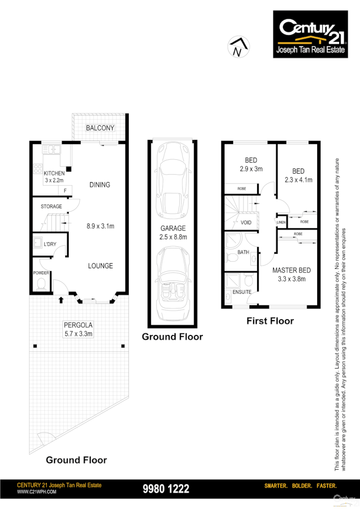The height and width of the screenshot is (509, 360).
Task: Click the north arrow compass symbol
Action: [x=237, y=46]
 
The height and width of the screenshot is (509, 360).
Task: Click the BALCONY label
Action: [x=100, y=128]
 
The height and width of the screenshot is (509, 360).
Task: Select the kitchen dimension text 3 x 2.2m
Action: [x=54, y=180]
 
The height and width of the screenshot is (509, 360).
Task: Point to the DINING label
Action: [x=100, y=185]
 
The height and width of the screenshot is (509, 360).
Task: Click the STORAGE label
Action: [x=51, y=206]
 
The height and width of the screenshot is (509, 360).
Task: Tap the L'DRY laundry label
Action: [x=50, y=244]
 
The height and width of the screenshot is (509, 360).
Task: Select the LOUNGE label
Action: [x=100, y=266]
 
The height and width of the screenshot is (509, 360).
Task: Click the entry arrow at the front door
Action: [x=61, y=299]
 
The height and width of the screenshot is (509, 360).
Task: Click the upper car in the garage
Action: [x=172, y=180]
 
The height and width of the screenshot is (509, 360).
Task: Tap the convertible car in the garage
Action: [x=172, y=282]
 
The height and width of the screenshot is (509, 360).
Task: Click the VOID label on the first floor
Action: [x=246, y=222]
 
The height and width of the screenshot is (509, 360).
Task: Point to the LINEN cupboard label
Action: [x=281, y=222]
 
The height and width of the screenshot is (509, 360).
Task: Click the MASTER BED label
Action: [x=291, y=270]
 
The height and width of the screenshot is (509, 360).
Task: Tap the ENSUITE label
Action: [x=241, y=292]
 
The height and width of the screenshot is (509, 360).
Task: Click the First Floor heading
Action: [x=270, y=321]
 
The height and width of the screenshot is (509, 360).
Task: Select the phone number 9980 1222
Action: [x=166, y=489]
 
